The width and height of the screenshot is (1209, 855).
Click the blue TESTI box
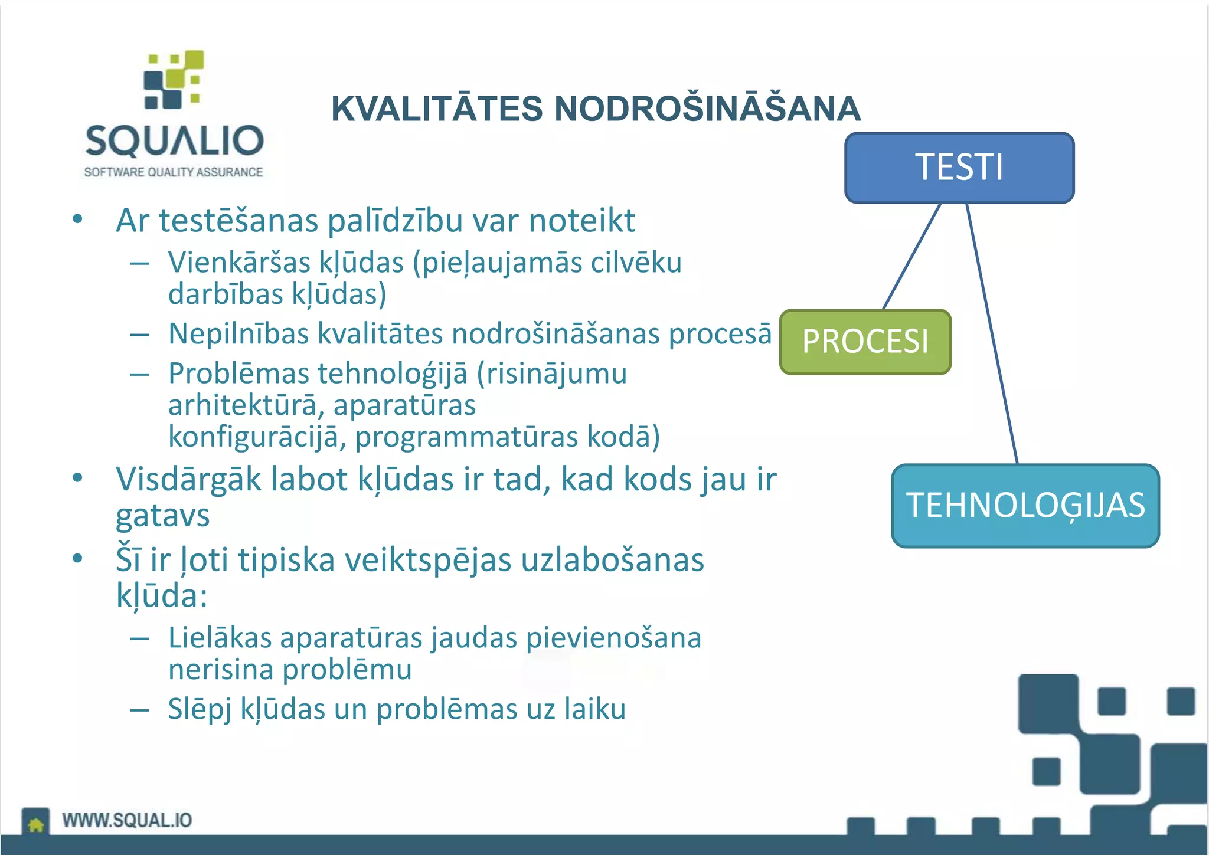pyautogui.click(x=959, y=168)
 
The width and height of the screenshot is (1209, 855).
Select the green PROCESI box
pyautogui.click(x=865, y=342)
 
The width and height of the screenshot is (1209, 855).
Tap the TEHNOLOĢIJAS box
pyautogui.click(x=1025, y=506)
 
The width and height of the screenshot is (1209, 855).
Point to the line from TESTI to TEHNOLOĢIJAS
pyautogui.click(x=992, y=333)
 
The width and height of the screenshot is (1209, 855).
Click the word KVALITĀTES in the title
pyautogui.click(x=437, y=109)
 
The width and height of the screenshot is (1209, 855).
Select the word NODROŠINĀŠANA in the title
pyautogui.click(x=707, y=109)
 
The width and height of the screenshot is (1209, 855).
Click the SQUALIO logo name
pyautogui.click(x=174, y=141)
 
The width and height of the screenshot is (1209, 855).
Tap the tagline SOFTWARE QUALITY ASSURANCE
pyautogui.click(x=174, y=172)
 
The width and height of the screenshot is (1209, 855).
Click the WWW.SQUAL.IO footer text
pyautogui.click(x=127, y=820)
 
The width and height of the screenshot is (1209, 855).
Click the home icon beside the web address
pyautogui.click(x=36, y=823)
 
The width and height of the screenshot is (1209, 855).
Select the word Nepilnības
pyautogui.click(x=238, y=333)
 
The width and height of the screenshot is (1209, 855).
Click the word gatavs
pyautogui.click(x=162, y=516)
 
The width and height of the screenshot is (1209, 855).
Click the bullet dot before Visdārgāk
pyautogui.click(x=77, y=477)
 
